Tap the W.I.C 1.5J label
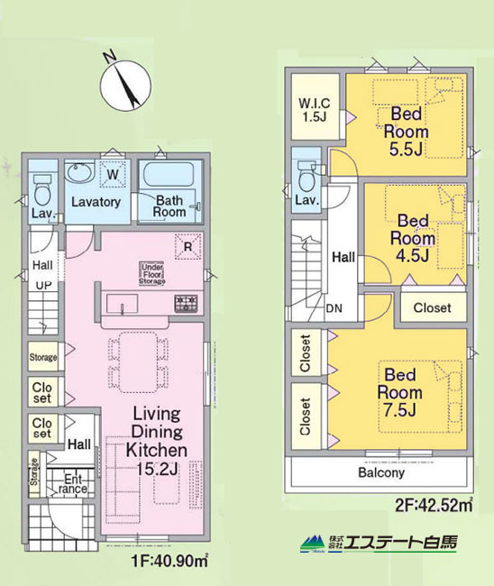click(315, 110)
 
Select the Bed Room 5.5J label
click(407, 132)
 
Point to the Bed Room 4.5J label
click(413, 238)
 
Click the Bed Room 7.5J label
click(400, 392)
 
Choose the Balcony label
click(381, 472)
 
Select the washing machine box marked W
click(113, 174)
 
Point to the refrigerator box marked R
click(188, 246)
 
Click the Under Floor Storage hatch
click(152, 273)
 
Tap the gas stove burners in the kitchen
click(186, 303)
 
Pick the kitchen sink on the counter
click(122, 303)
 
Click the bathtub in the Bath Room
click(170, 174)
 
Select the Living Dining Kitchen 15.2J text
click(157, 441)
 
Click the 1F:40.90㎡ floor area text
click(169, 561)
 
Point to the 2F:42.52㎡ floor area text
click(434, 505)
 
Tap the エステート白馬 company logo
click(379, 543)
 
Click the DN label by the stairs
click(334, 308)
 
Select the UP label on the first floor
click(43, 286)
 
